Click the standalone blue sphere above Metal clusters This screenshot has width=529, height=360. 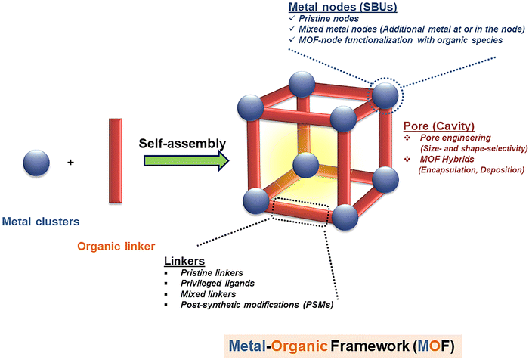[x=36, y=163]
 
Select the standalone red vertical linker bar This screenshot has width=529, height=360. [x=115, y=160]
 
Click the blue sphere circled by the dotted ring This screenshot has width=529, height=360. [x=385, y=95]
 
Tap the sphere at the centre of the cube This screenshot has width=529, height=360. [x=306, y=164]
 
